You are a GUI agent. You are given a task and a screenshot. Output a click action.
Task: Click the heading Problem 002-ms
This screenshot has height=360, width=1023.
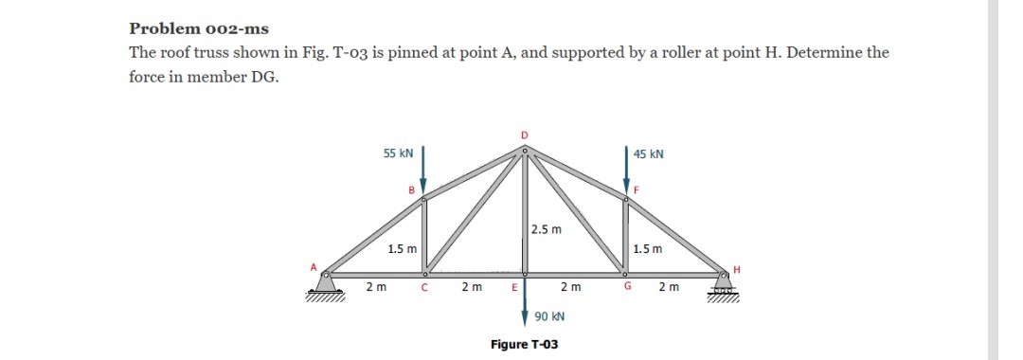[198, 27]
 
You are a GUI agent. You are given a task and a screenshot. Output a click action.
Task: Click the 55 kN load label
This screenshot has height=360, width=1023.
[398, 153]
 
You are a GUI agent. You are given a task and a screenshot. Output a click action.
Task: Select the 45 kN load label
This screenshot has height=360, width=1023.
[649, 153]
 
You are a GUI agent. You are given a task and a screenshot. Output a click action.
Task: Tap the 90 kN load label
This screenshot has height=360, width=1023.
[549, 317]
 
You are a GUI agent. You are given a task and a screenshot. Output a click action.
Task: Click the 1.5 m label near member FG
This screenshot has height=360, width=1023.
[649, 249]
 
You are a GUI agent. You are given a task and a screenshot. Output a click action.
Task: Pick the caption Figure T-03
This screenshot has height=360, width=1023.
[524, 344]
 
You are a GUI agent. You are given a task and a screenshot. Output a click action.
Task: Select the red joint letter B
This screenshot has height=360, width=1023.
[412, 189]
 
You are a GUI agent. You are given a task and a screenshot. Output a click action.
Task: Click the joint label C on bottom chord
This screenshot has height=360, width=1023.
[424, 287]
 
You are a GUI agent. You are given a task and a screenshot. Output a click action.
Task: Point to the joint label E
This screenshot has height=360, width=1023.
[513, 287]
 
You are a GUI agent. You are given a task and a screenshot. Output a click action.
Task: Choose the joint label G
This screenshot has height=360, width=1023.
[627, 287]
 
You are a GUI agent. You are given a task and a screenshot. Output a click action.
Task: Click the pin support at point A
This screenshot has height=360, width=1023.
[325, 282]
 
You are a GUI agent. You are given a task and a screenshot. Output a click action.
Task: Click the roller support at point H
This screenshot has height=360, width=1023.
[726, 282]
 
